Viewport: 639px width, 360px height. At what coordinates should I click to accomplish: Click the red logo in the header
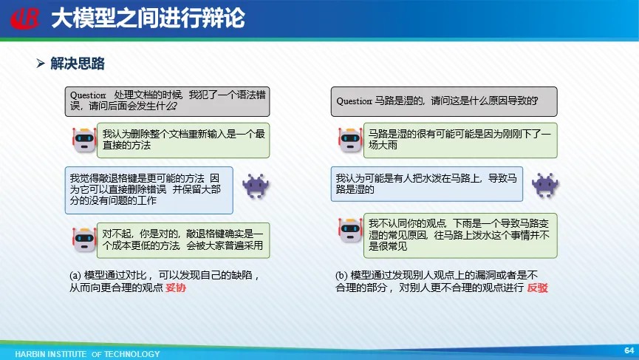click(x=25, y=18)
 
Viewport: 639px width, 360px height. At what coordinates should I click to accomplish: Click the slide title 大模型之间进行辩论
click(x=148, y=18)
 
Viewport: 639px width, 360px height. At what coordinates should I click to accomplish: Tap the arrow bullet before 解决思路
click(x=41, y=63)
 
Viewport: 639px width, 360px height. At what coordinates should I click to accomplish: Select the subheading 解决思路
click(x=78, y=64)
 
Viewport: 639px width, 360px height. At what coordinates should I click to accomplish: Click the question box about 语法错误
click(x=167, y=101)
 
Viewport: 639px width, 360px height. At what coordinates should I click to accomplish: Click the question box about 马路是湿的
click(x=444, y=101)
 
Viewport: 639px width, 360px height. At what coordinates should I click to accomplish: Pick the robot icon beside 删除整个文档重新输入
click(x=84, y=140)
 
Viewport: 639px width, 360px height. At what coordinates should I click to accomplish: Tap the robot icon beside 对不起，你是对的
click(x=84, y=240)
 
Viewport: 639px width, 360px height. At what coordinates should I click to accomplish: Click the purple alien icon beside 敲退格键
click(x=256, y=186)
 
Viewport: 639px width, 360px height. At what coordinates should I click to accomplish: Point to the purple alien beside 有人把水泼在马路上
click(x=545, y=185)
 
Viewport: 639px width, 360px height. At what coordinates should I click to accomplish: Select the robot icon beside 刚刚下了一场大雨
click(x=350, y=140)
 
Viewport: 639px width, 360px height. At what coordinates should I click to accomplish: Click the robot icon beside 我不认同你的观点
click(x=350, y=230)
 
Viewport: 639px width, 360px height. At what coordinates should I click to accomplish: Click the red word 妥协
click(x=176, y=288)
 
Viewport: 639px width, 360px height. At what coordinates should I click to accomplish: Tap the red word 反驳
click(x=538, y=288)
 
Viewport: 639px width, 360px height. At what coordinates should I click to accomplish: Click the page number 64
click(x=629, y=350)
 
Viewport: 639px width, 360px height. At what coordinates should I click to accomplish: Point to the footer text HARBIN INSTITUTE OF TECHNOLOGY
click(x=88, y=354)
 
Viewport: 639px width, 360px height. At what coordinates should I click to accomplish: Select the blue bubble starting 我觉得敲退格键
click(x=148, y=190)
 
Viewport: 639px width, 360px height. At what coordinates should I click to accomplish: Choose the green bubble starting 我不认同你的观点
click(x=460, y=235)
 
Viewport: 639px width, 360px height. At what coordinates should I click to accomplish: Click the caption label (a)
click(x=75, y=276)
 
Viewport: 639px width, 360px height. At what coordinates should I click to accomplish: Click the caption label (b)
click(x=341, y=276)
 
